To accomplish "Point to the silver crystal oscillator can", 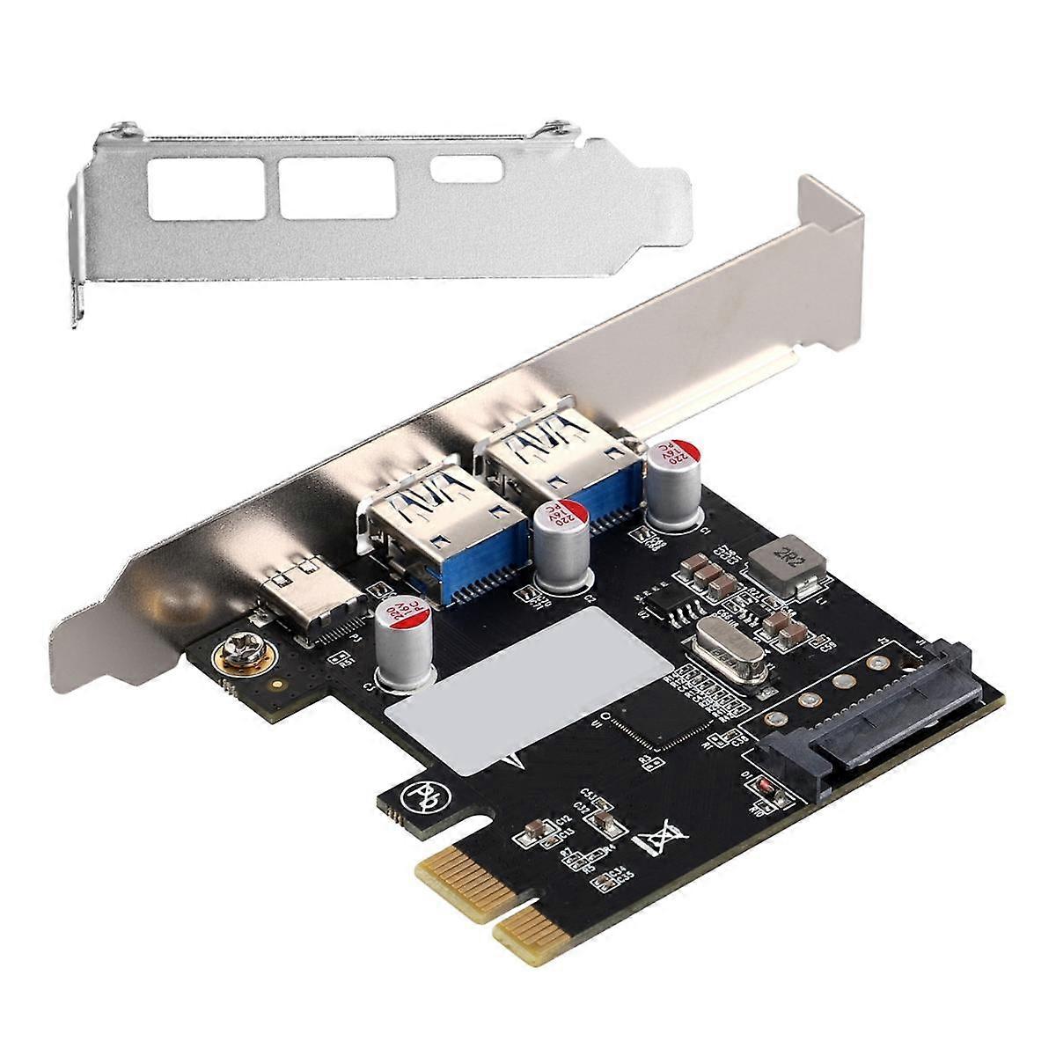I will click(721, 652).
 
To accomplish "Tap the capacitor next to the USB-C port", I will click(403, 640).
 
